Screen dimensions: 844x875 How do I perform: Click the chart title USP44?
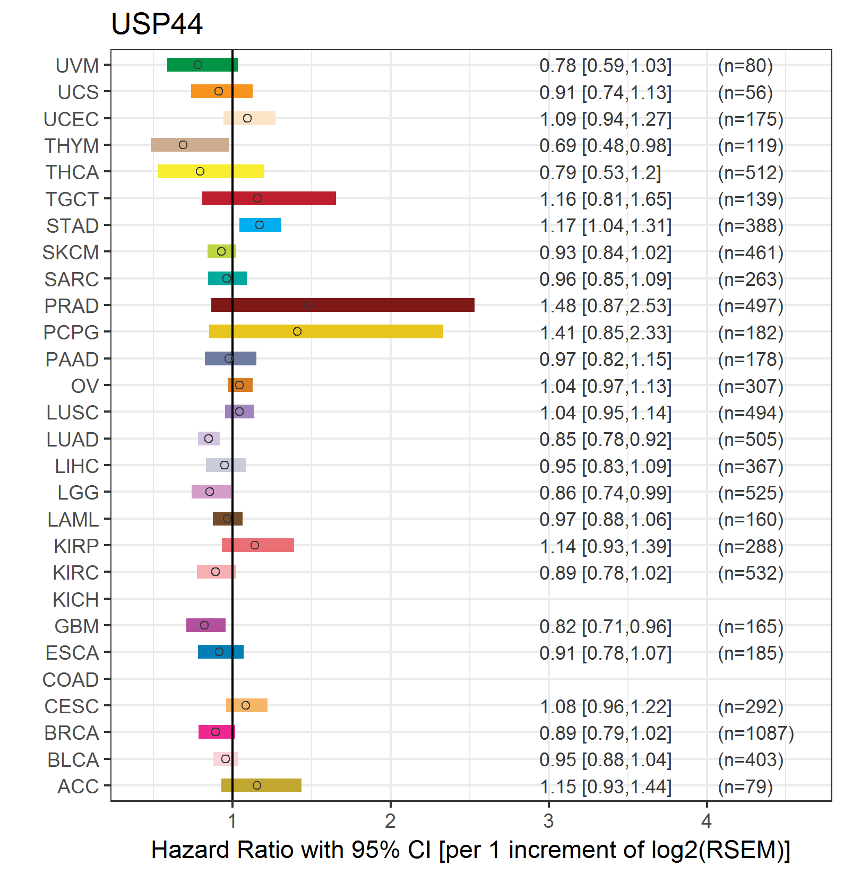[157, 24]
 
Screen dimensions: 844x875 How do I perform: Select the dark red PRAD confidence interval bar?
[343, 305]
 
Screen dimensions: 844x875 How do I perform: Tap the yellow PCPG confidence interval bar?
[326, 331]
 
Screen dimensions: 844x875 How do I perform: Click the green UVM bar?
[202, 65]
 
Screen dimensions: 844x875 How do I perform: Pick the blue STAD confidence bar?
[260, 225]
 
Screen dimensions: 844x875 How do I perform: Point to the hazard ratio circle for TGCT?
[257, 198]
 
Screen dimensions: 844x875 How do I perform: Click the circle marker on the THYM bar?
[183, 145]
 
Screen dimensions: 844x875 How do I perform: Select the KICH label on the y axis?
[76, 600]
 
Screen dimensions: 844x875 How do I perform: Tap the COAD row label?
[71, 680]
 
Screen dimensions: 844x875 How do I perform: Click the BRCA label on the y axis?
[72, 733]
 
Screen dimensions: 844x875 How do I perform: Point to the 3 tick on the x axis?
[548, 821]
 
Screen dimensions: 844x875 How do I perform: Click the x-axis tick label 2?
[390, 821]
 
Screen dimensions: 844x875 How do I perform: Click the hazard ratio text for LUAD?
[606, 440]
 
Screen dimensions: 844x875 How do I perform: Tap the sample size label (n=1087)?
[756, 733]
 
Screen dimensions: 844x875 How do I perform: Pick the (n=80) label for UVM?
[745, 66]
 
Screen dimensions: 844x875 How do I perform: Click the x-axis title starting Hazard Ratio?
[471, 850]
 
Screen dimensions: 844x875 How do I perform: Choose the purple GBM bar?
[206, 625]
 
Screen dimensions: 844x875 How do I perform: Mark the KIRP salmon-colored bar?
[258, 545]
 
